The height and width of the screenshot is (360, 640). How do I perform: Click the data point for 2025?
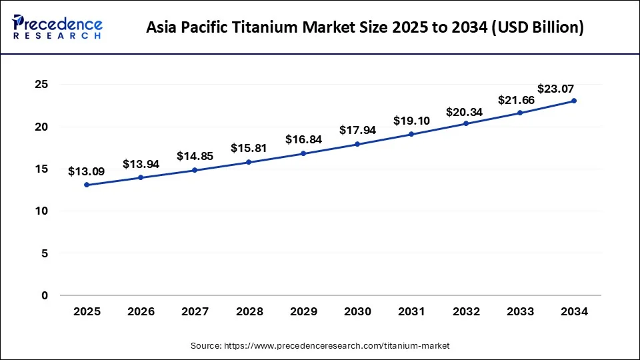pos(87,185)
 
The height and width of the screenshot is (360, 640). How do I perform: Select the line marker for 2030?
pos(358,144)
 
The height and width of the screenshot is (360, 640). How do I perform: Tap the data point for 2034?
pos(574,101)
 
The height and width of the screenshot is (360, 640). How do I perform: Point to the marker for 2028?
pos(249,162)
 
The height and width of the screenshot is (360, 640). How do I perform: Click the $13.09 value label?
pos(87,171)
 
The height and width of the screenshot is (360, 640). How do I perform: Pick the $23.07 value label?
pos(556,88)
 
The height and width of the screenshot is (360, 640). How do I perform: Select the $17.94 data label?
pos(358,131)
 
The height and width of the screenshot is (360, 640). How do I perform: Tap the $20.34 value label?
pos(466,110)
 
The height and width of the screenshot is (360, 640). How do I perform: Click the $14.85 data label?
pos(195,156)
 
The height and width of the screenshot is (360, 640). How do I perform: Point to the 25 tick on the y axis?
pos(41,84)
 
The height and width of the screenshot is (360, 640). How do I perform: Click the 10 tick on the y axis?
pos(41,211)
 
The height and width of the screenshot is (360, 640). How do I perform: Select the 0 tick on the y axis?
pos(45,295)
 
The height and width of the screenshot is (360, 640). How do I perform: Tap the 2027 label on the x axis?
pos(195,311)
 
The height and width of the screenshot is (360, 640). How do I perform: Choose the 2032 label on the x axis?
pos(466,311)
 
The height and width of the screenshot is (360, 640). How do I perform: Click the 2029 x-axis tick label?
pos(303,311)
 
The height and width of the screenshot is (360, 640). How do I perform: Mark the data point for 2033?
pos(520,113)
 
